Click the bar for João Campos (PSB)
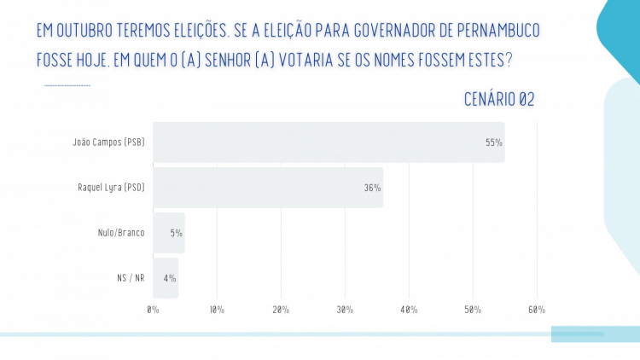(x=329, y=142)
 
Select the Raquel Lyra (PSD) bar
(x=268, y=188)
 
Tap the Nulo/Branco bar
(x=169, y=233)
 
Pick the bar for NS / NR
(x=166, y=278)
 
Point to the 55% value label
(x=494, y=142)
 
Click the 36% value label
(x=372, y=188)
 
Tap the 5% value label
(x=176, y=233)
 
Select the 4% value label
(x=170, y=278)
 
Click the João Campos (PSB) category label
(x=108, y=142)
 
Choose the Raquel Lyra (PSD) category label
(x=111, y=188)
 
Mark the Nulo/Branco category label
(x=121, y=233)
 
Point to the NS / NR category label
(x=131, y=278)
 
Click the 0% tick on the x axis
(x=154, y=309)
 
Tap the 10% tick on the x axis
(x=217, y=309)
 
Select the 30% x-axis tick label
(x=345, y=309)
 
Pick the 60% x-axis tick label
(x=537, y=309)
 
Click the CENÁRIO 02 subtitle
(x=499, y=100)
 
